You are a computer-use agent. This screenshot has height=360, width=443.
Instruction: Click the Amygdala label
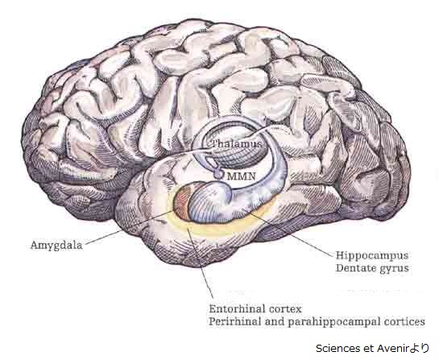point(56,246)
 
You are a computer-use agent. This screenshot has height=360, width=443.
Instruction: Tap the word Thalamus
point(237,143)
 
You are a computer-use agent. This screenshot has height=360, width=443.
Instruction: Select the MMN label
point(242,176)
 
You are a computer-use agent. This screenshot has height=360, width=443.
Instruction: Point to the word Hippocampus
point(372,256)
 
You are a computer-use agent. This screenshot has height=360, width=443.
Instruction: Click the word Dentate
point(355,267)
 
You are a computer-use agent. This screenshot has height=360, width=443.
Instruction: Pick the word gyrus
point(395,268)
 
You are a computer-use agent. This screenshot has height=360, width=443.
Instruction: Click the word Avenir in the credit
point(391,349)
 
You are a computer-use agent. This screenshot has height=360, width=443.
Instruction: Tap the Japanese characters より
point(419,349)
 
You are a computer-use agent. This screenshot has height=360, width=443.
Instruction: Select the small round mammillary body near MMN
point(218,174)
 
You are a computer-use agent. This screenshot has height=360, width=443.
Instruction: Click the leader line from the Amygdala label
point(129,227)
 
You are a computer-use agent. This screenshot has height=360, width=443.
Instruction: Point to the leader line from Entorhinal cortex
point(201,263)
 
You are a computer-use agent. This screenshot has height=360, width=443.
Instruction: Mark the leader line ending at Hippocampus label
point(291,234)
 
